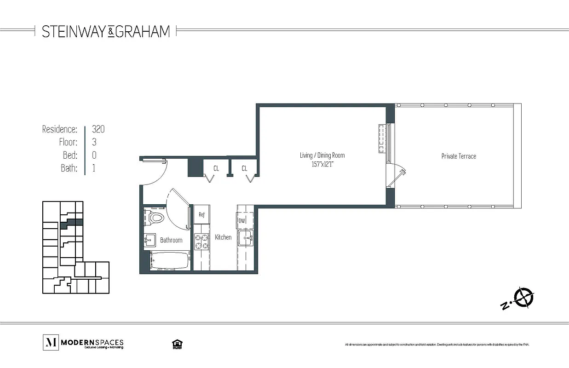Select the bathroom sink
click(x=150, y=239)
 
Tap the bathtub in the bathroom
click(x=170, y=261)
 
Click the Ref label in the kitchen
click(x=201, y=214)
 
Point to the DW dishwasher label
click(x=242, y=221)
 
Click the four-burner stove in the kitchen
click(x=201, y=241)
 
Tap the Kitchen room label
click(x=223, y=237)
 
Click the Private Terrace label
click(x=459, y=156)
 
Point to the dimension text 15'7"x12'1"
click(x=322, y=164)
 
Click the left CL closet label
click(x=216, y=168)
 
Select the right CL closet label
click(x=244, y=168)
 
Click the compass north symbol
click(x=523, y=297)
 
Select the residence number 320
click(x=98, y=129)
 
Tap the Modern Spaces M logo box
click(x=50, y=342)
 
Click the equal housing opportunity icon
click(x=176, y=344)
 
